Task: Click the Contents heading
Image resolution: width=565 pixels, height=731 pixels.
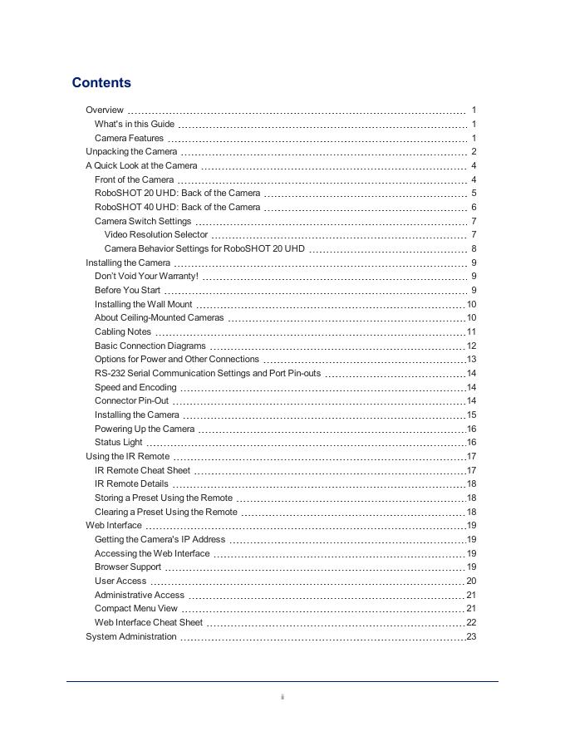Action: pyautogui.click(x=101, y=82)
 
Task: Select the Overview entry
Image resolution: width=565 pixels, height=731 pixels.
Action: pyautogui.click(x=105, y=110)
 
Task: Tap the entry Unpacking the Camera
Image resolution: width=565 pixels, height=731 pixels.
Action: pyautogui.click(x=131, y=152)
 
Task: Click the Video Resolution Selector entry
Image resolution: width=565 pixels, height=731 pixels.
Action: pyautogui.click(x=156, y=235)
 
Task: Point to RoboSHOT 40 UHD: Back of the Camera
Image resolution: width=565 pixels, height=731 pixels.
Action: pyautogui.click(x=177, y=207)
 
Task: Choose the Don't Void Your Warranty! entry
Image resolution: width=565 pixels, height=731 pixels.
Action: pyautogui.click(x=146, y=277)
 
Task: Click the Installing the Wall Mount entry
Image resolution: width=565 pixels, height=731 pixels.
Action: pyautogui.click(x=144, y=304)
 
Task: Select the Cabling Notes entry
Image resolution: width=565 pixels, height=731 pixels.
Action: pyautogui.click(x=123, y=331)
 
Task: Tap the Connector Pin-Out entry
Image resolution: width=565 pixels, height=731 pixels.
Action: pyautogui.click(x=131, y=401)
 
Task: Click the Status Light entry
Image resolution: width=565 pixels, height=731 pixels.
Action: pyautogui.click(x=118, y=443)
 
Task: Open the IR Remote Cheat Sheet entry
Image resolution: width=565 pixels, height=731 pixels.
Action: pyautogui.click(x=142, y=470)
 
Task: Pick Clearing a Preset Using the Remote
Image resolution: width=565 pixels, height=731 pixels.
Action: pyautogui.click(x=165, y=512)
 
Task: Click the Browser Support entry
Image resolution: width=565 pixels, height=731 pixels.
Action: pyautogui.click(x=128, y=567)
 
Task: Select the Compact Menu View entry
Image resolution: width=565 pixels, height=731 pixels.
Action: pyautogui.click(x=136, y=609)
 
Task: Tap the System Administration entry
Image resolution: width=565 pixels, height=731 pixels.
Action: pyautogui.click(x=131, y=637)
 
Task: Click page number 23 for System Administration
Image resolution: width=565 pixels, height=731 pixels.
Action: pyautogui.click(x=471, y=637)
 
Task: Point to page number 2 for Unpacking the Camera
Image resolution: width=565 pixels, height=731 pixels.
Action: pyautogui.click(x=474, y=152)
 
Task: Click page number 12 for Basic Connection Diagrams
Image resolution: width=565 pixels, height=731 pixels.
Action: pyautogui.click(x=471, y=346)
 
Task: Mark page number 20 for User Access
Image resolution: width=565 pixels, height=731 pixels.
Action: pyautogui.click(x=471, y=581)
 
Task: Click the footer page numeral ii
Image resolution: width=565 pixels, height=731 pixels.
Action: pyautogui.click(x=282, y=697)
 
